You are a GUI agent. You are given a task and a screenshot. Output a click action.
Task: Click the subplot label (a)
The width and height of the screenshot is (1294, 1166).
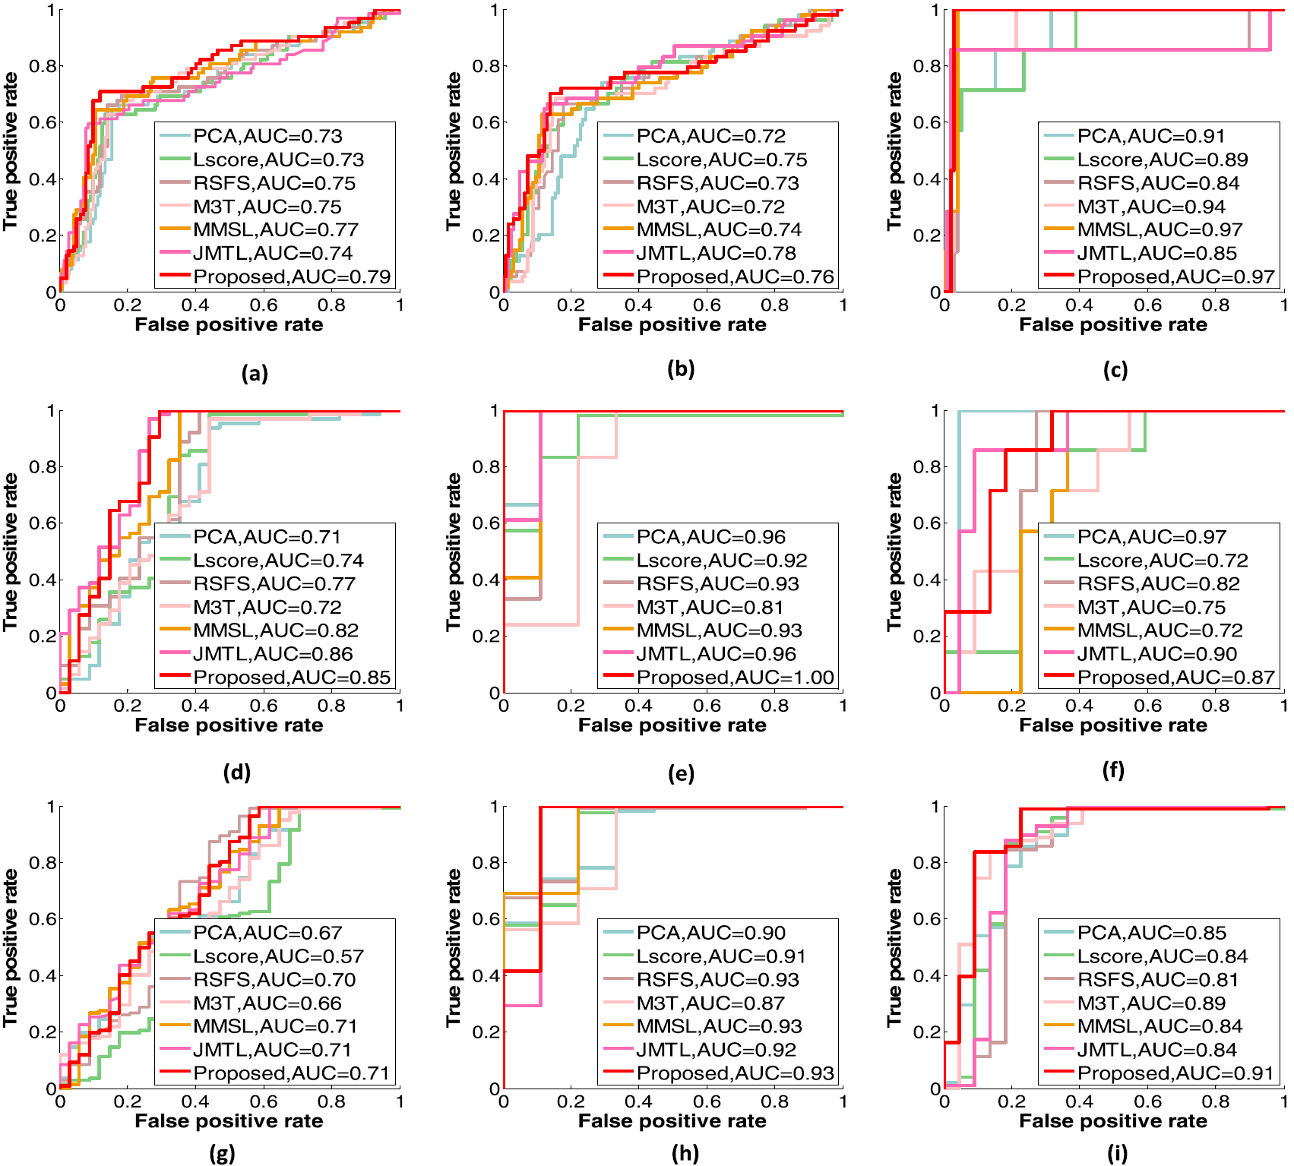(x=255, y=373)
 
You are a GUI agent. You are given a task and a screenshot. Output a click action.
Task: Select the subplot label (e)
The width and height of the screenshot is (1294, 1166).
(x=681, y=773)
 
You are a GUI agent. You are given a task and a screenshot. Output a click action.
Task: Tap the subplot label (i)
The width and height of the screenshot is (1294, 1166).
(x=1117, y=1153)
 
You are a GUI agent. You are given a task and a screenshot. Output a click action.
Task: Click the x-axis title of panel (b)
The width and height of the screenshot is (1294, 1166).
(x=672, y=325)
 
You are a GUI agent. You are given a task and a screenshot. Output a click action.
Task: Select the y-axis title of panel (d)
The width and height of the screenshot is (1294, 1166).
(x=10, y=551)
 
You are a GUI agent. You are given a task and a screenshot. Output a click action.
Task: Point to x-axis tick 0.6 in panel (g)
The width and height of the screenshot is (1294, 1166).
(x=264, y=1101)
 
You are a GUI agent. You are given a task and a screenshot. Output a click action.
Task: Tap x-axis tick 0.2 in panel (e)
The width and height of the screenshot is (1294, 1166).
(x=571, y=706)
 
